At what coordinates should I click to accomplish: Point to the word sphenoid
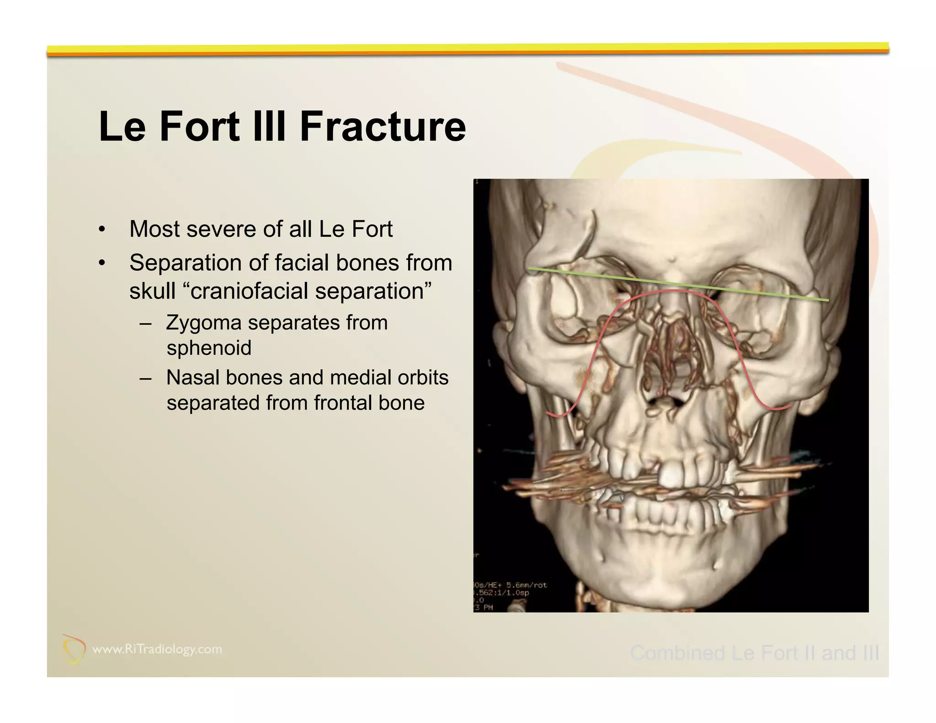209,348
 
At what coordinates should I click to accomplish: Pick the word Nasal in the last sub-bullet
192,377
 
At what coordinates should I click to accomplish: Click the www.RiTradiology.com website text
157,649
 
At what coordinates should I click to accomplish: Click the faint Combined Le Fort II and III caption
754,653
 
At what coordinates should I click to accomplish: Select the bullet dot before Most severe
102,229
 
